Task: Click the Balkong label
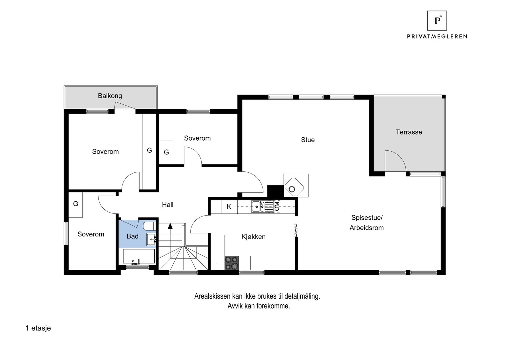[110, 96]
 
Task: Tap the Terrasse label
[409, 132]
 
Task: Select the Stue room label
[308, 140]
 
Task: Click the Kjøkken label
[253, 237]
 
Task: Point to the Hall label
[168, 204]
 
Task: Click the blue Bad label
[132, 236]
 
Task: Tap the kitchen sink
[258, 206]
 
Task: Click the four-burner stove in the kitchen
[232, 263]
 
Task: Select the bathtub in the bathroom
[139, 256]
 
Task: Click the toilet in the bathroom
[149, 226]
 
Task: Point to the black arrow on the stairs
[170, 226]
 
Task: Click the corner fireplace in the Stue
[294, 187]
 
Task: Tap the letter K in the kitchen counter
[229, 206]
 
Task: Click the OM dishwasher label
[277, 206]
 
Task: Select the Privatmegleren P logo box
[437, 21]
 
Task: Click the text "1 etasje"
[38, 328]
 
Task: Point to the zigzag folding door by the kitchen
[296, 231]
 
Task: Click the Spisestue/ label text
[367, 218]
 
